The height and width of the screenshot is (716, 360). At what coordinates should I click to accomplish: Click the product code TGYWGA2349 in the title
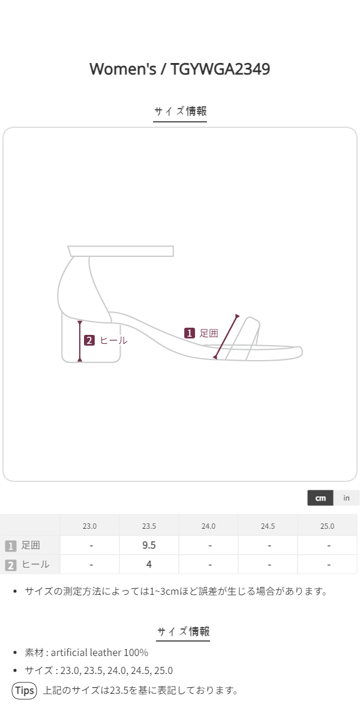tap(220, 69)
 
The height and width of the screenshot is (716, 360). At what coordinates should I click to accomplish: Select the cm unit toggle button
tap(320, 498)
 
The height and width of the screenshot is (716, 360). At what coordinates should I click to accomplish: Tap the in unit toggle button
tap(346, 498)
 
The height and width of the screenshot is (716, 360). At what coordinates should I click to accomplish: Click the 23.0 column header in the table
tap(89, 526)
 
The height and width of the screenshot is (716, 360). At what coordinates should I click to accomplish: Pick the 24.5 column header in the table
tap(268, 526)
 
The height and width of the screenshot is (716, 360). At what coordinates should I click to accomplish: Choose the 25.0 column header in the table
tap(327, 526)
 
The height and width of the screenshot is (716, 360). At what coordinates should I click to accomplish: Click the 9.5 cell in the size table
tap(149, 545)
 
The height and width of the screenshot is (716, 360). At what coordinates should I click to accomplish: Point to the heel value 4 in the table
tap(149, 564)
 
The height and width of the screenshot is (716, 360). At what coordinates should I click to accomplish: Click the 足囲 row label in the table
tap(31, 545)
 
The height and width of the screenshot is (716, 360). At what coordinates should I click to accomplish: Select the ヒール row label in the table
tap(35, 564)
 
